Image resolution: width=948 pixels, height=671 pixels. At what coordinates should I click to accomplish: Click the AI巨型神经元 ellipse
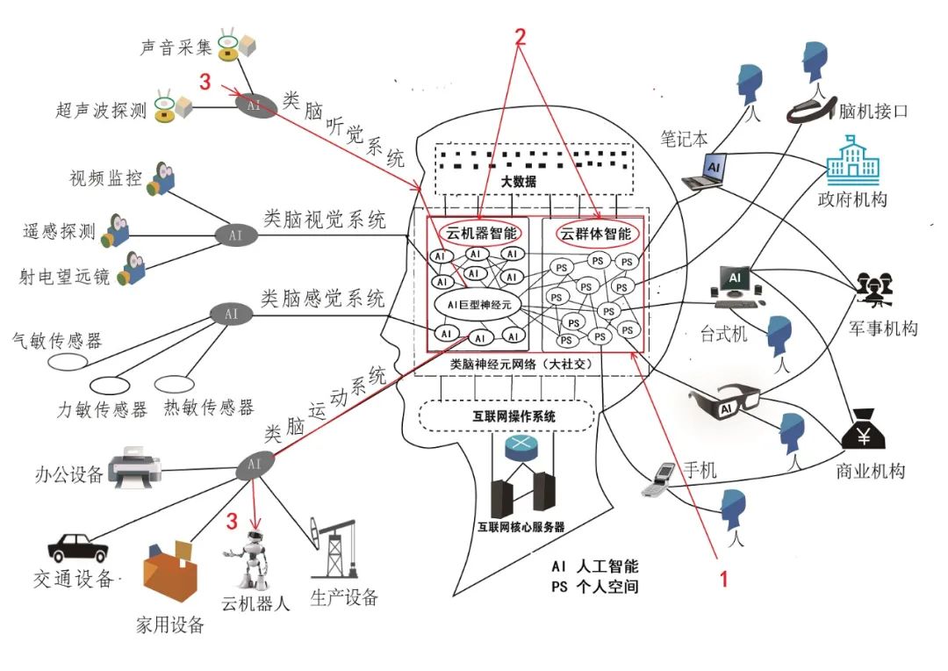tap(478, 304)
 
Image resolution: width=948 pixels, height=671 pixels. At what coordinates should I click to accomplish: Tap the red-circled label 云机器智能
tap(482, 234)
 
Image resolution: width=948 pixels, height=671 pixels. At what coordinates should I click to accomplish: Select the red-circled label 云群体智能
tap(596, 234)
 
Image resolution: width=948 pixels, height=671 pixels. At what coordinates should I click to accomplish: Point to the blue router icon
tap(525, 449)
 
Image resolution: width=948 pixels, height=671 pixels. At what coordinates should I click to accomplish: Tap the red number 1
tap(723, 579)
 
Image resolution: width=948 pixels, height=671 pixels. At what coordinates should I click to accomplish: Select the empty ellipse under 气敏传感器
tap(66, 360)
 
